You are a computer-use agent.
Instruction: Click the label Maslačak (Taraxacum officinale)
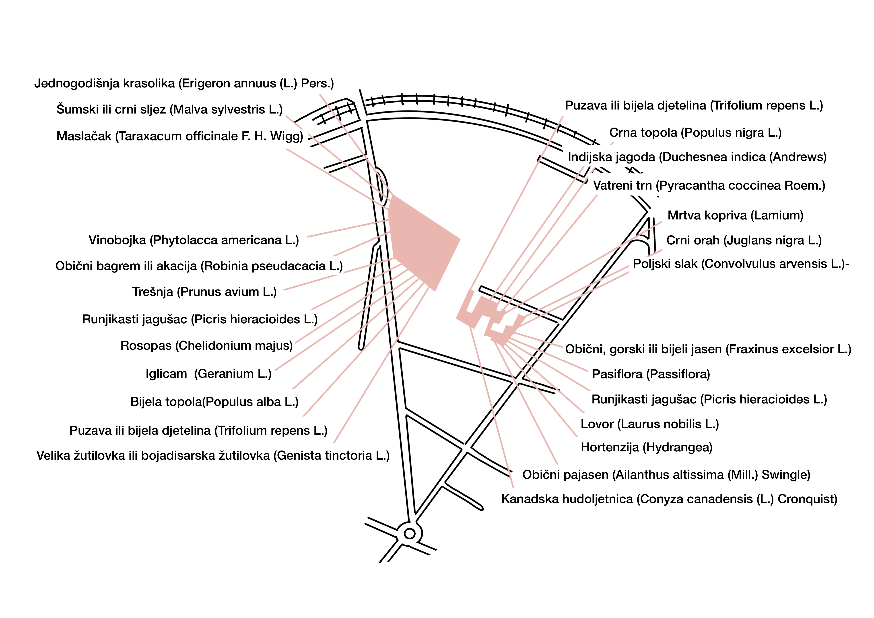[180, 136]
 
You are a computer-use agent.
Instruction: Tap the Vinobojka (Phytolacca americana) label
[194, 240]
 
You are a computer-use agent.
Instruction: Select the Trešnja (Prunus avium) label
[204, 292]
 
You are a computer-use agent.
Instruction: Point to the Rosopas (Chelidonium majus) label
[207, 346]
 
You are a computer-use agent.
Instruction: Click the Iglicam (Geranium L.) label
[209, 374]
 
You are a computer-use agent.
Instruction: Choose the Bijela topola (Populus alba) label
[214, 402]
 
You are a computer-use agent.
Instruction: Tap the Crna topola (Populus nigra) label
[695, 133]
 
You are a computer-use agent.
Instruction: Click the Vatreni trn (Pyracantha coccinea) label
[709, 186]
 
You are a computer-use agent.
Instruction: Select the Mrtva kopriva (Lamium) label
[736, 215]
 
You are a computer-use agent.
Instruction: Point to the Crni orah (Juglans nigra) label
[744, 241]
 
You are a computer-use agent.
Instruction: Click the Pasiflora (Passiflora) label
[651, 374]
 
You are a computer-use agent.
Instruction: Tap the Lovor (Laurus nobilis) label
[650, 424]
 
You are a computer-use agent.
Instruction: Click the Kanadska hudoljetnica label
[669, 499]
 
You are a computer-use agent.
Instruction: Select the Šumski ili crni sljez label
[169, 110]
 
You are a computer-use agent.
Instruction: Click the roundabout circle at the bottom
[410, 534]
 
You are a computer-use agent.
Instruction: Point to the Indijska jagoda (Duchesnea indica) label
[697, 157]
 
